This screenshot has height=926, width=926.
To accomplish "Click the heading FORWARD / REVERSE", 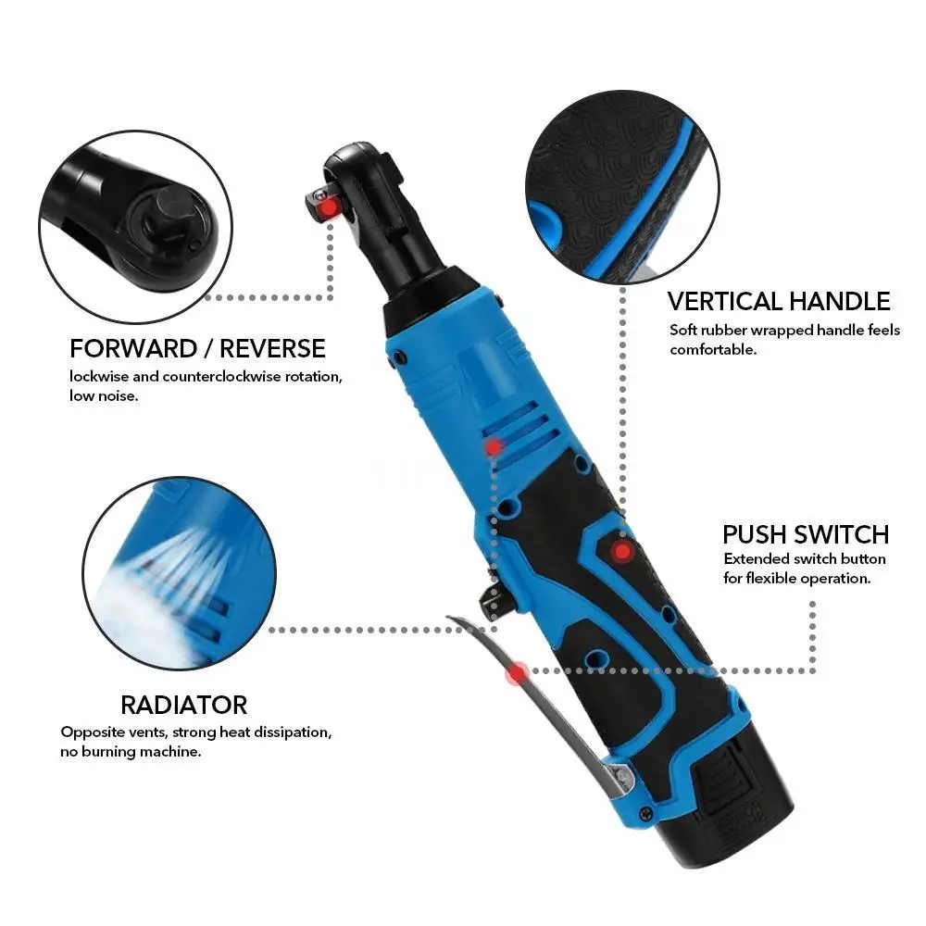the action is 197,348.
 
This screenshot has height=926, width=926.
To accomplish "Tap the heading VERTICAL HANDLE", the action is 779,301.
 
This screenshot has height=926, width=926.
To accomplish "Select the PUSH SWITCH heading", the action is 806,534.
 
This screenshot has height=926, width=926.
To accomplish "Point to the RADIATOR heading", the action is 183,705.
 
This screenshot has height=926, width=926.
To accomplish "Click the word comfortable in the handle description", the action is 713,350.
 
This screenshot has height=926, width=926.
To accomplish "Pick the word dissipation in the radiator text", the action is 292,732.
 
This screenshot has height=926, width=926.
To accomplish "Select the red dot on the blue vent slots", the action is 494,447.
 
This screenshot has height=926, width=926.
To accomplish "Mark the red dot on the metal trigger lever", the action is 518,672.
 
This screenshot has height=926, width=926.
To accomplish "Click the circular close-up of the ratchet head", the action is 136,227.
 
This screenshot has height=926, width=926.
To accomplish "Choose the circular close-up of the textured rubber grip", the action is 622,187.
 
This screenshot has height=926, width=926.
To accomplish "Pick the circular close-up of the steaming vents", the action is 179,573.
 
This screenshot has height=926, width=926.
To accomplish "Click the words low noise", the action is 104,396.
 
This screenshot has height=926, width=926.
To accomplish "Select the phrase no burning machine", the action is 131,752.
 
